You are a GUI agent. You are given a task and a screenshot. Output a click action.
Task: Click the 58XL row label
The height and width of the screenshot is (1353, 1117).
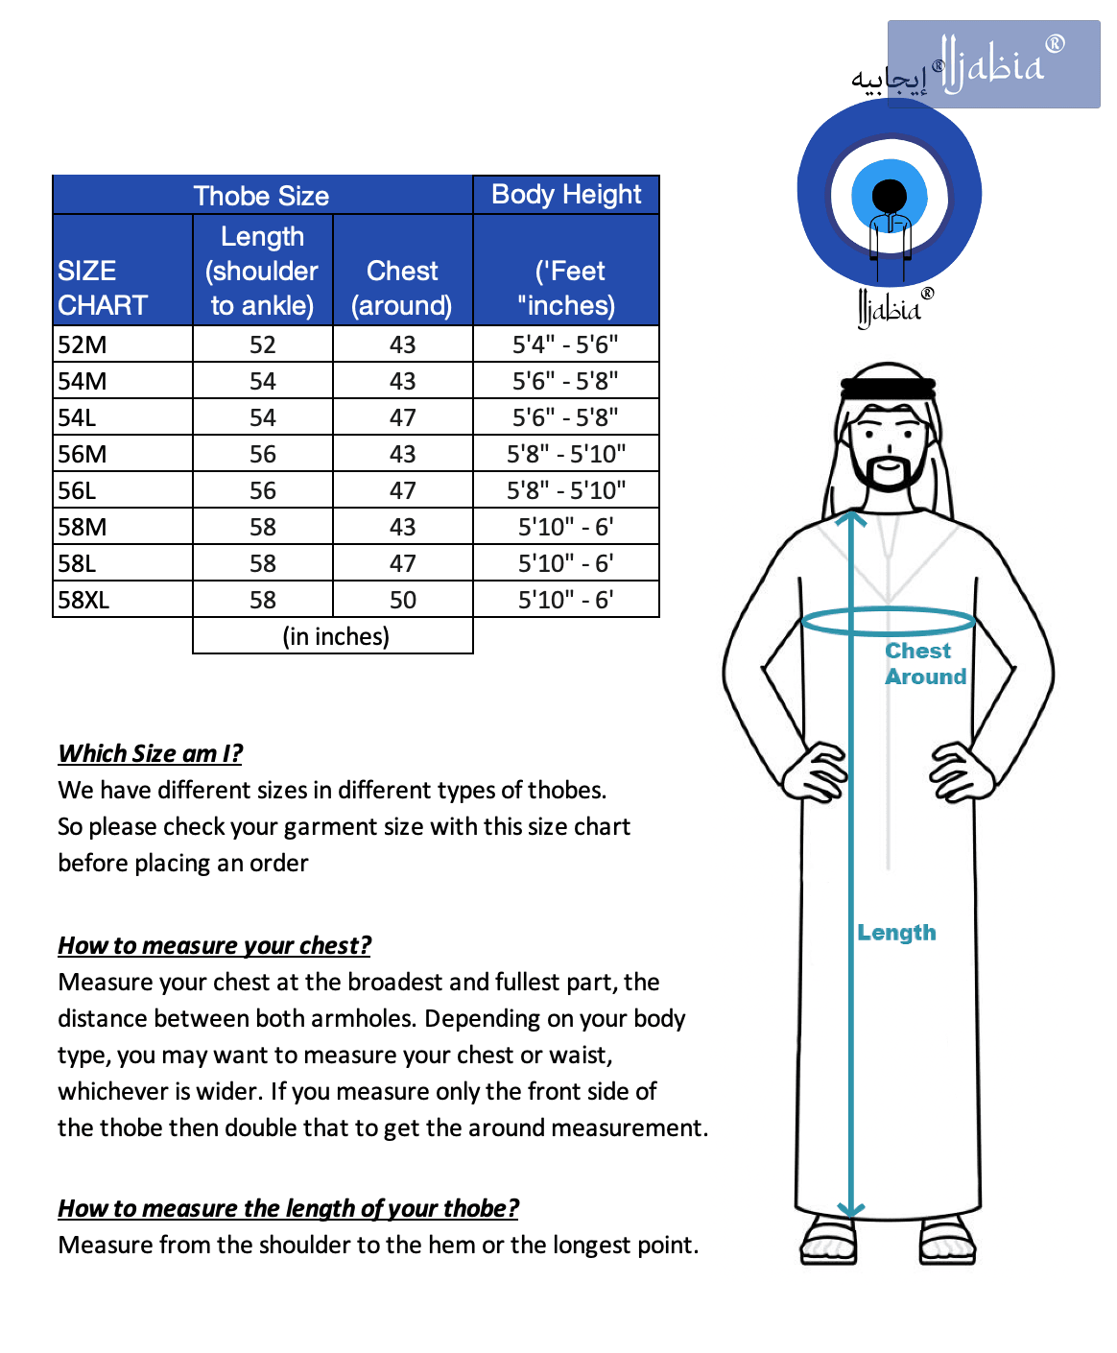pyautogui.click(x=84, y=601)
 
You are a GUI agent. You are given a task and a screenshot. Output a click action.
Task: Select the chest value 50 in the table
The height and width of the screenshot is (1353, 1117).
pyautogui.click(x=403, y=601)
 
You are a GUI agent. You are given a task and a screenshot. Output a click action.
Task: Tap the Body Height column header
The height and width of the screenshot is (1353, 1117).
pyautogui.click(x=566, y=195)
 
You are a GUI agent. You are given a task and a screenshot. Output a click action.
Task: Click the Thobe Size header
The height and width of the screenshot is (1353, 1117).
pyautogui.click(x=261, y=196)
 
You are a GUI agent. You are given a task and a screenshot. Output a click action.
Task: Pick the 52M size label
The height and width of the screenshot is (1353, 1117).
pyautogui.click(x=83, y=345)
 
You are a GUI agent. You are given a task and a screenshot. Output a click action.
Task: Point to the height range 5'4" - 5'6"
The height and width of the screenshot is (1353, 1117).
pyautogui.click(x=565, y=345)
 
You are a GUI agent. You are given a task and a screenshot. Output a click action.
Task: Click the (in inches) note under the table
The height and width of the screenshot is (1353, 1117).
pyautogui.click(x=336, y=637)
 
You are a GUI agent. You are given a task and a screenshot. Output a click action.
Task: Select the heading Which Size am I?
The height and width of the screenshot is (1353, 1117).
pyautogui.click(x=151, y=754)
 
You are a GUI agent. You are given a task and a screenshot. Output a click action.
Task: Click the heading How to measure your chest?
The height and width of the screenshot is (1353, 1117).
pyautogui.click(x=214, y=946)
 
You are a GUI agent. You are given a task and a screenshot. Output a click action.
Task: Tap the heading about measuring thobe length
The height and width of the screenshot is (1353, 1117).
pyautogui.click(x=288, y=1209)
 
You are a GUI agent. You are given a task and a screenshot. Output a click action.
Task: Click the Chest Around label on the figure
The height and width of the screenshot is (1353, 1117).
pyautogui.click(x=924, y=664)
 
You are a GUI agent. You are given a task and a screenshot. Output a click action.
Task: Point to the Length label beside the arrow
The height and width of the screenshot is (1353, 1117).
pyautogui.click(x=896, y=933)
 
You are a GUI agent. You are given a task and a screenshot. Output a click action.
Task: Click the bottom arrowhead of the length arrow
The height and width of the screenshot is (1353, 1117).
pyautogui.click(x=851, y=1209)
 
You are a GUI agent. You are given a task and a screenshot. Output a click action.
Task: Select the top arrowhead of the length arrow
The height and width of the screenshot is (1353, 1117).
pyautogui.click(x=851, y=520)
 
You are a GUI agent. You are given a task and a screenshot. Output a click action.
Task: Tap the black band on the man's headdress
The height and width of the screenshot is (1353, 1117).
pyautogui.click(x=889, y=388)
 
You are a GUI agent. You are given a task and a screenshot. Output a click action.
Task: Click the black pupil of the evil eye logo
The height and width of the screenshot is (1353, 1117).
pyautogui.click(x=890, y=196)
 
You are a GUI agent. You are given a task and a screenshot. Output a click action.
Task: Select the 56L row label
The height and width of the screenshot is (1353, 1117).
pyautogui.click(x=78, y=491)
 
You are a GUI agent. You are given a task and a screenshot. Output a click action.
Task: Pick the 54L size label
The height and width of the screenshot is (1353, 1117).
pyautogui.click(x=78, y=418)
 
